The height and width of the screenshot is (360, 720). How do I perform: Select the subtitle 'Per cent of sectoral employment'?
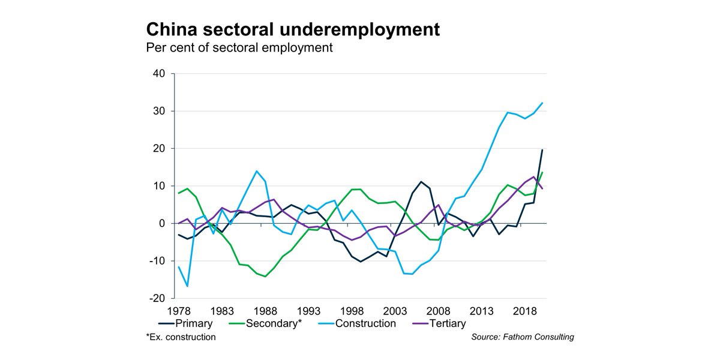tap(239, 47)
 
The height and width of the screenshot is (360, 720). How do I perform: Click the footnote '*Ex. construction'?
tap(181, 337)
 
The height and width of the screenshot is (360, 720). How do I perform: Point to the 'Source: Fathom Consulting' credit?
tap(523, 337)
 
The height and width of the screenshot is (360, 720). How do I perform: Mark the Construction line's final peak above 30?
tap(542, 103)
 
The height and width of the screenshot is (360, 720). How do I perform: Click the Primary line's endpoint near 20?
tap(542, 149)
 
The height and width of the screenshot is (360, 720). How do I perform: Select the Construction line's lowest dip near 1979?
tap(187, 286)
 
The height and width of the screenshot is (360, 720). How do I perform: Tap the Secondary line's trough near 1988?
tap(265, 277)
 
